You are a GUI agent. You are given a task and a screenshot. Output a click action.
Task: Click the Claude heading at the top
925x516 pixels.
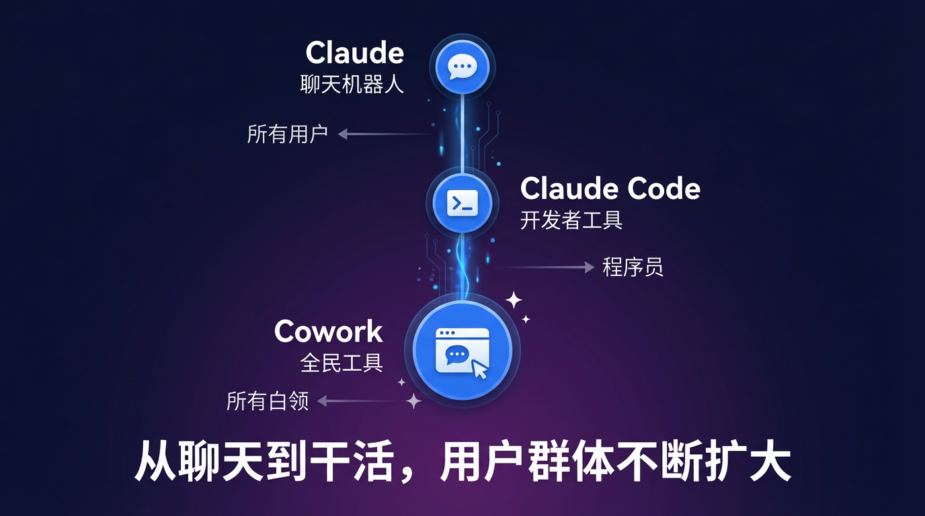tap(354, 53)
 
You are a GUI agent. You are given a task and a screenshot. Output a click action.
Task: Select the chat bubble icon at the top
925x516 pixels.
tap(462, 67)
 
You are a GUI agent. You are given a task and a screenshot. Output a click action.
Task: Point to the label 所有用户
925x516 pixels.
tap(287, 134)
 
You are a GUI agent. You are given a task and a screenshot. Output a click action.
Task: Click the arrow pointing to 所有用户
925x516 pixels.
tap(383, 134)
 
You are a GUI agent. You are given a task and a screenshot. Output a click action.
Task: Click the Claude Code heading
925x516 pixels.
tap(610, 189)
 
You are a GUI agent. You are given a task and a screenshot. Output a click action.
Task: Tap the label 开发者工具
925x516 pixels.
tap(571, 220)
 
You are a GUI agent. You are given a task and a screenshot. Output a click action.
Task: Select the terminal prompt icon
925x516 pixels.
tap(462, 202)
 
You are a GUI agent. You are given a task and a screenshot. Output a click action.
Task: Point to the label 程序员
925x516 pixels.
tap(633, 267)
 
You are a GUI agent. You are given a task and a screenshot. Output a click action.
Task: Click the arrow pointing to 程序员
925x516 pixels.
tap(545, 267)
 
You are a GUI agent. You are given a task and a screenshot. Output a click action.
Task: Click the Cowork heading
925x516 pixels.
tap(328, 332)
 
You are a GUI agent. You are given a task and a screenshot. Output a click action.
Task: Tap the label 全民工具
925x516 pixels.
tap(341, 363)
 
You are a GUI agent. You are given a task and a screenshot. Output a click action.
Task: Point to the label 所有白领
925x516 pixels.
tap(268, 402)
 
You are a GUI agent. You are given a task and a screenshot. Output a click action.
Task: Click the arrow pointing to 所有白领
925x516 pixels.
tap(356, 402)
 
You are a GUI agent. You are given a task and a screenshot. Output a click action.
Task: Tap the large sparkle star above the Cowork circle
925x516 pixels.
tap(514, 300)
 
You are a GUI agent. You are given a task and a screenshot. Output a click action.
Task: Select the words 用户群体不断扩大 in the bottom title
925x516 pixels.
tap(614, 461)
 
